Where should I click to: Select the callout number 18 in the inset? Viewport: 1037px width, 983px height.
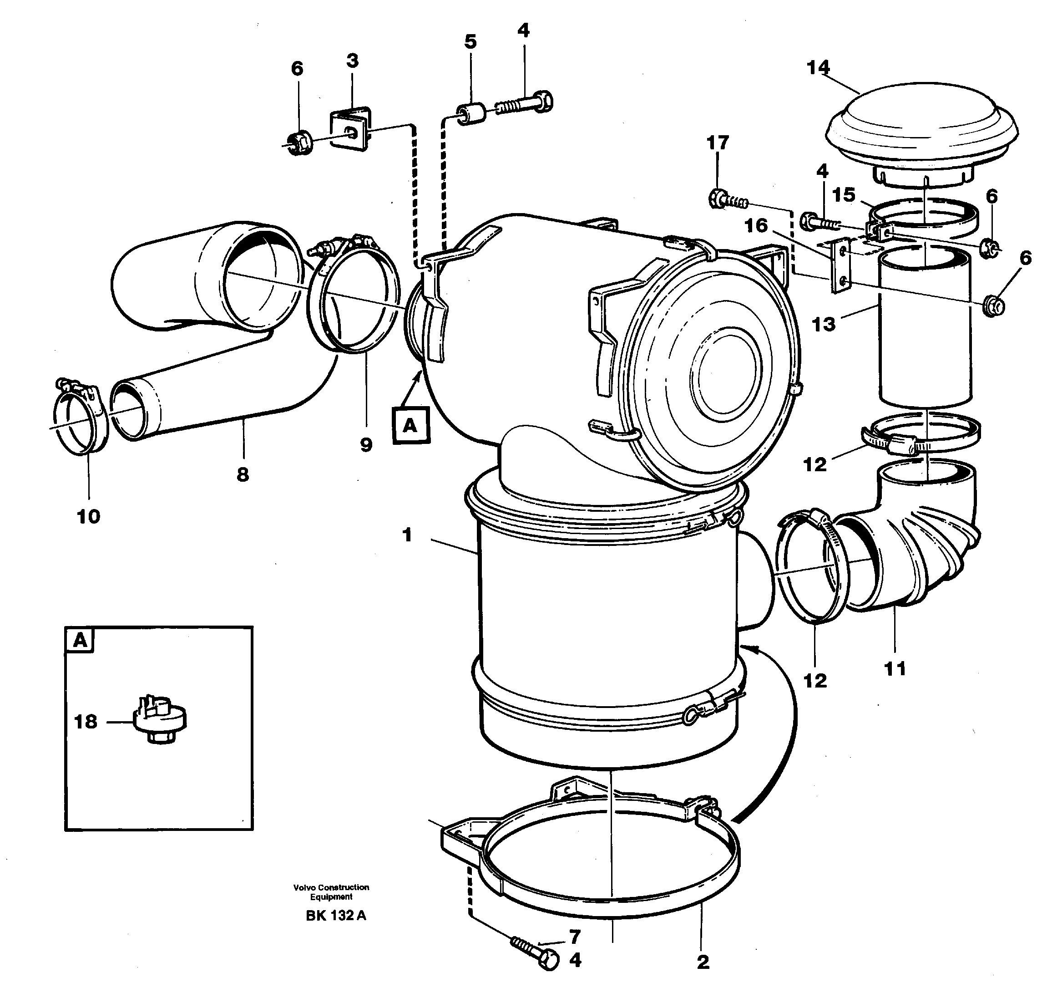(x=86, y=722)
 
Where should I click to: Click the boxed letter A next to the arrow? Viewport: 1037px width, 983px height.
(x=410, y=425)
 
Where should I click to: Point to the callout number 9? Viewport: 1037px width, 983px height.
(x=366, y=445)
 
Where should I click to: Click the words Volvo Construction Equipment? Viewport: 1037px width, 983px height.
(x=331, y=891)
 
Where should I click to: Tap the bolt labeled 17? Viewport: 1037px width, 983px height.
(x=725, y=199)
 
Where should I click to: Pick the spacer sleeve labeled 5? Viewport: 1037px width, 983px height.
(x=469, y=114)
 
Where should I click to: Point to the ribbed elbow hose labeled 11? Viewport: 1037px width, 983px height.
(x=901, y=555)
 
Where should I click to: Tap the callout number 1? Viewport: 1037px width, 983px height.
(x=407, y=535)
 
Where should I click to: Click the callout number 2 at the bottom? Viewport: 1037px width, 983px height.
(x=703, y=962)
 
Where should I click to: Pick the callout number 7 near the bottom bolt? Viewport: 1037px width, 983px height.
(x=575, y=936)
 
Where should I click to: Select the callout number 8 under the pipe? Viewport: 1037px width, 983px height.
(x=243, y=475)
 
